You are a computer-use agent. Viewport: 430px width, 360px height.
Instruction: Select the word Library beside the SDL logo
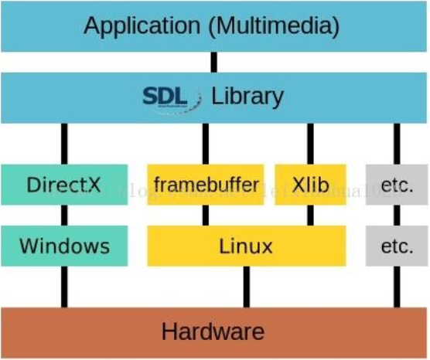click(247, 97)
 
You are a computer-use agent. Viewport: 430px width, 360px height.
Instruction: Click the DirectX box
click(64, 185)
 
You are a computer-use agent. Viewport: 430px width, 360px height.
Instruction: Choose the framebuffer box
click(205, 185)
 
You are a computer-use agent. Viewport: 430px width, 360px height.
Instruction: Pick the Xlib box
click(311, 185)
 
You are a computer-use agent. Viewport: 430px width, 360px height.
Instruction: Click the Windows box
click(64, 246)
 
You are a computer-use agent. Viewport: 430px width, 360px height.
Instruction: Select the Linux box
click(246, 246)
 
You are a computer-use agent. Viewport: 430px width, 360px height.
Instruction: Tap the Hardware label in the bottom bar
click(213, 333)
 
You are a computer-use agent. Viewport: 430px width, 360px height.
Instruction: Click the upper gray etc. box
click(397, 185)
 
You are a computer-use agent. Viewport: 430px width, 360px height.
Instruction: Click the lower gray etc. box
click(397, 246)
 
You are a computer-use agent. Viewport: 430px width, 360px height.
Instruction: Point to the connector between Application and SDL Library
click(214, 63)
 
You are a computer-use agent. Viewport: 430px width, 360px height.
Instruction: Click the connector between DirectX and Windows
click(64, 216)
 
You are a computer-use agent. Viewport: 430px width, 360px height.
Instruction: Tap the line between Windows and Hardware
click(64, 287)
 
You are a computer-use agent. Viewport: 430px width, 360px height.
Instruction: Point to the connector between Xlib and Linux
click(311, 216)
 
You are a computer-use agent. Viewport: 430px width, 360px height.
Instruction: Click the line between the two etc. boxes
click(397, 216)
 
